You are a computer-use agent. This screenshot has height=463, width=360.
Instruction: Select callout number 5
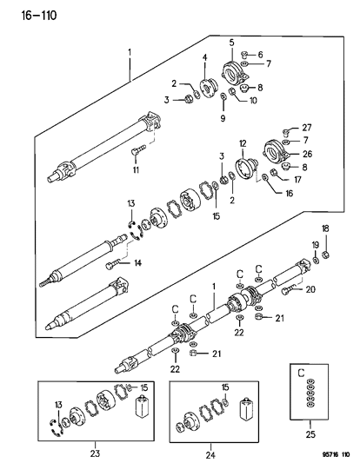coord(230,43)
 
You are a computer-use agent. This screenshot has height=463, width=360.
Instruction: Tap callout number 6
coord(261,54)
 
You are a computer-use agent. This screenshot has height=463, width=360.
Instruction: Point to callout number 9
coord(223,117)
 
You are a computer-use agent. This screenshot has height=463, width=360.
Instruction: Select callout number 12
coord(243,142)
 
